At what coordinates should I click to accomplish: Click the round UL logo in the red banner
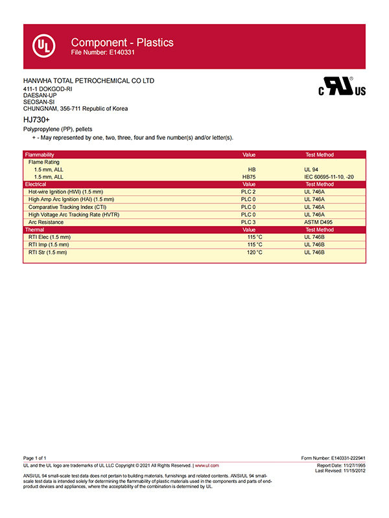[43, 46]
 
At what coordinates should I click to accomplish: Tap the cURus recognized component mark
[342, 87]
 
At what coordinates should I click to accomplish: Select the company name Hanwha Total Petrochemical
[88, 81]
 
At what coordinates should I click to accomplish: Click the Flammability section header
[40, 155]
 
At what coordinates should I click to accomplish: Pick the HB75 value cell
[248, 177]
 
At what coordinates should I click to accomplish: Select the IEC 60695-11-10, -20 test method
[329, 177]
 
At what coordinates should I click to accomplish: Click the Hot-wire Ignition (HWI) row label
[65, 192]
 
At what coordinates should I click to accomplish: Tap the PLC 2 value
[248, 192]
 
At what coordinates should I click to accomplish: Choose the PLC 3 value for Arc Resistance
[248, 222]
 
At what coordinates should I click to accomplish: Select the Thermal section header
[35, 230]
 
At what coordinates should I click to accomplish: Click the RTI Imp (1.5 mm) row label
[49, 245]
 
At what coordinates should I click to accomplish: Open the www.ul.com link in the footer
[207, 466]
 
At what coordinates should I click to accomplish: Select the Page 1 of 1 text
[34, 458]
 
